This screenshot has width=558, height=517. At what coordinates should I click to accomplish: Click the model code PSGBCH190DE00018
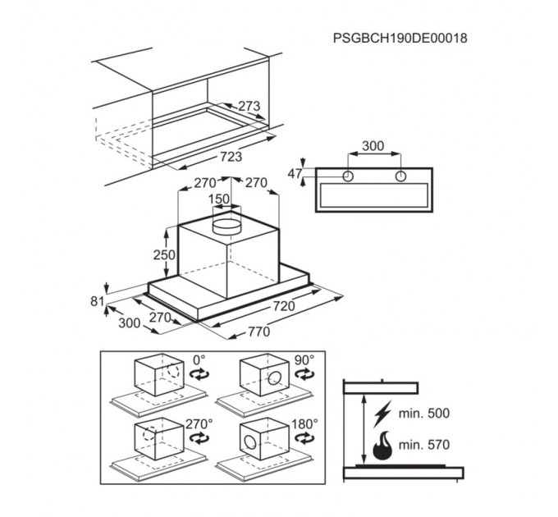(x=400, y=38)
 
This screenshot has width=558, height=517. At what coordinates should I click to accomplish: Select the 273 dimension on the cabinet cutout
(x=249, y=106)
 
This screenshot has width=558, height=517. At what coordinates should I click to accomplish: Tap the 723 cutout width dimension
(x=231, y=156)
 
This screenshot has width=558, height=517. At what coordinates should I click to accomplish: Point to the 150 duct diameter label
(x=219, y=199)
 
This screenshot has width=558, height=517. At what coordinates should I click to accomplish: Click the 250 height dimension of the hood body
(x=164, y=254)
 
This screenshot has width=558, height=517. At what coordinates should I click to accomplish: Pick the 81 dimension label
(x=97, y=301)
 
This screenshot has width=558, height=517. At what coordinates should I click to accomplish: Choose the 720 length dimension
(x=284, y=305)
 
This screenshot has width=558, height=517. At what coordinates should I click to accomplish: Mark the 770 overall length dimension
(x=259, y=332)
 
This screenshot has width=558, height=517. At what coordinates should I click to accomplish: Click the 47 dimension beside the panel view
(x=295, y=174)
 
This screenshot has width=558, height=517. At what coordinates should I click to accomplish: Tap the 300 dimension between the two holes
(x=373, y=145)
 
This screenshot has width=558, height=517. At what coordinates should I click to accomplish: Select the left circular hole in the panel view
(x=348, y=176)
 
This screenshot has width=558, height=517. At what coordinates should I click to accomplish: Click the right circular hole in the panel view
(x=401, y=176)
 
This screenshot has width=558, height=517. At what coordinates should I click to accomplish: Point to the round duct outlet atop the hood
(x=226, y=225)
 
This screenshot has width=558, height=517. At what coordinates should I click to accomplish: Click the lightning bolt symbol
(x=382, y=414)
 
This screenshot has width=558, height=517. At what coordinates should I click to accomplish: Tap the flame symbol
(x=382, y=445)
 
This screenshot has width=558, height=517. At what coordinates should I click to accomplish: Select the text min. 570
(x=424, y=445)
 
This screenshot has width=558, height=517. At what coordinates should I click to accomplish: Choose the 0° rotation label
(x=199, y=360)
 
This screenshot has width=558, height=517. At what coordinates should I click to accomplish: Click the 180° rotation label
(x=305, y=423)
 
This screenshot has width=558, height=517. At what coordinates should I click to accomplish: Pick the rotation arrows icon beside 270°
(x=199, y=438)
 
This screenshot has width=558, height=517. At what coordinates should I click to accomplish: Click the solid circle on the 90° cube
(x=275, y=377)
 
